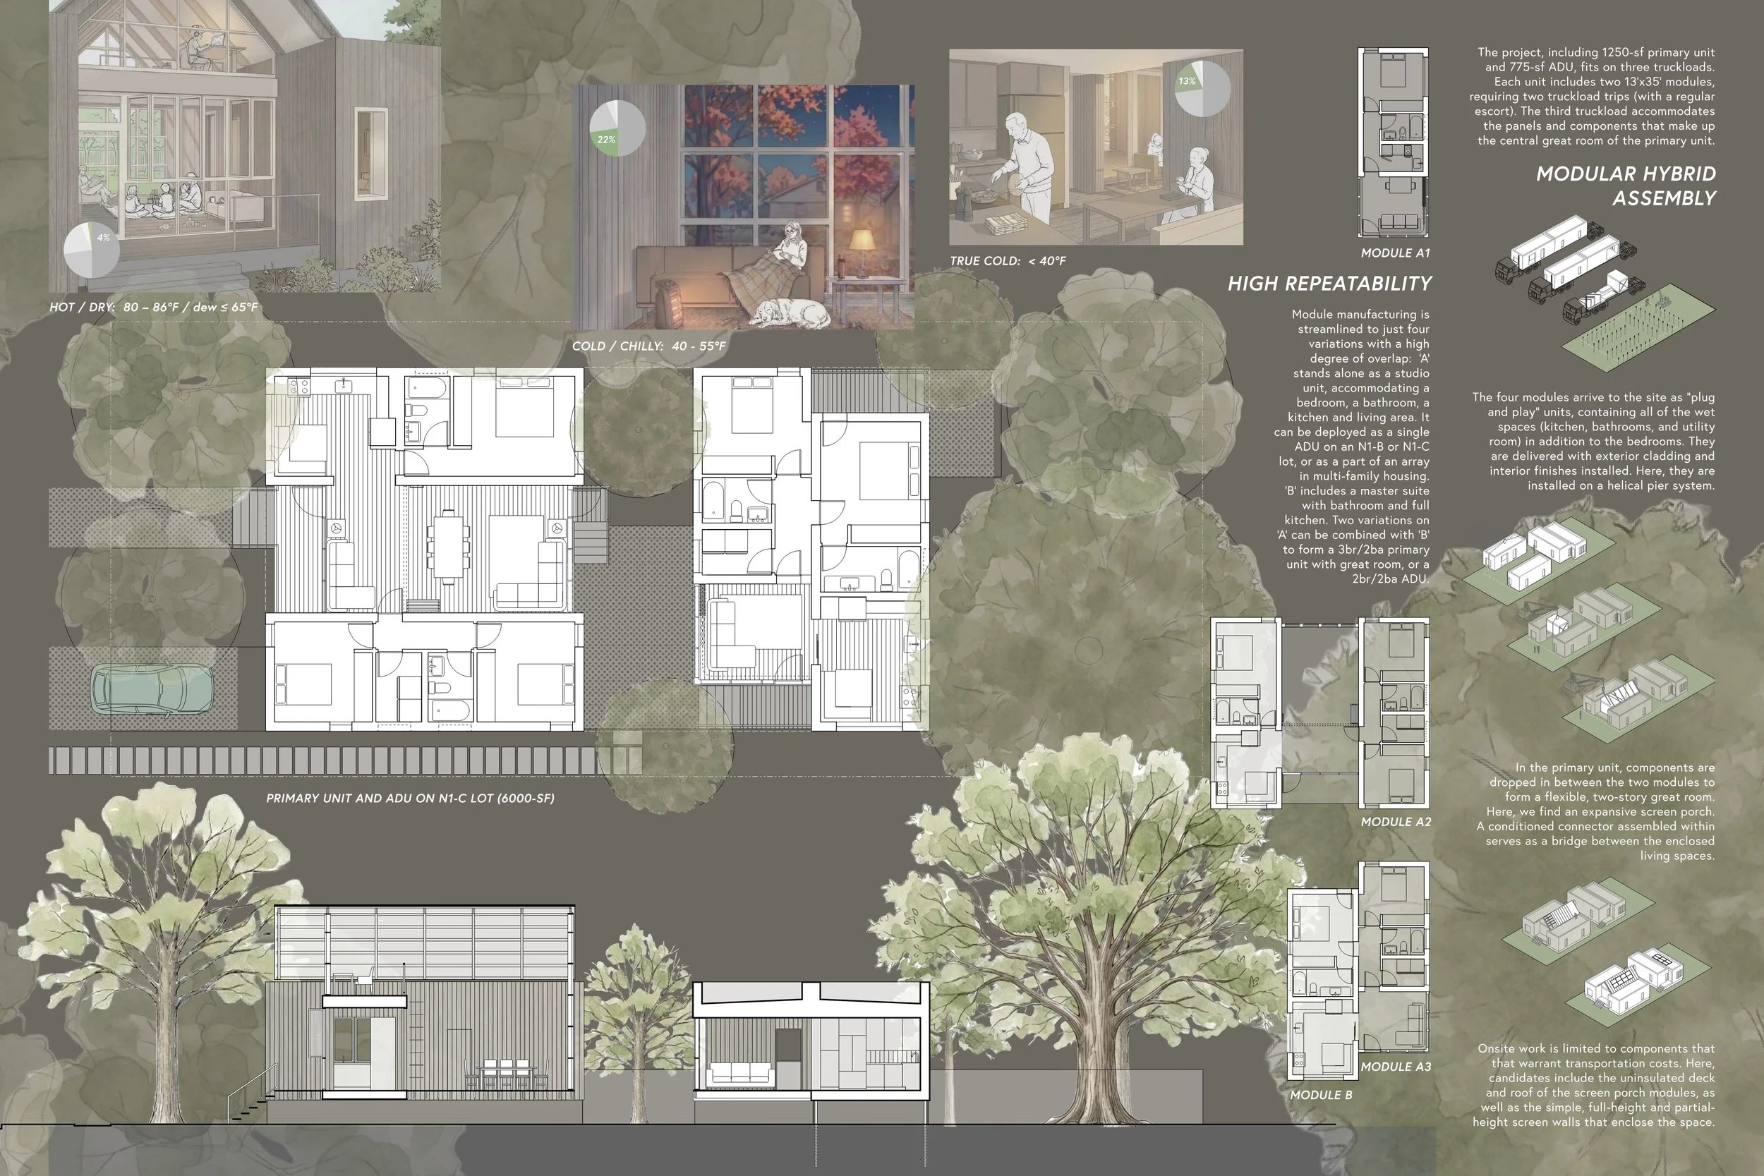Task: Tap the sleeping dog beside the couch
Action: click(790, 313)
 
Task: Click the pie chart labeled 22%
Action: click(617, 128)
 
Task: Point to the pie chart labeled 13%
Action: click(1202, 88)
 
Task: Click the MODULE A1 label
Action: click(1396, 253)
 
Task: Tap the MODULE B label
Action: click(1321, 1095)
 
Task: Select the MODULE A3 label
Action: click(1396, 1067)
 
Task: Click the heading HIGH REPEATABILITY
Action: click(1330, 284)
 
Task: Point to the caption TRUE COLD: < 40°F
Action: click(1008, 261)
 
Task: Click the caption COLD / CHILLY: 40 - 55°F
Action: click(648, 346)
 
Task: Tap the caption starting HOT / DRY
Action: click(154, 308)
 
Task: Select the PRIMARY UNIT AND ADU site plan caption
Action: click(410, 798)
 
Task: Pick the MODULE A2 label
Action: click(1396, 822)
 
